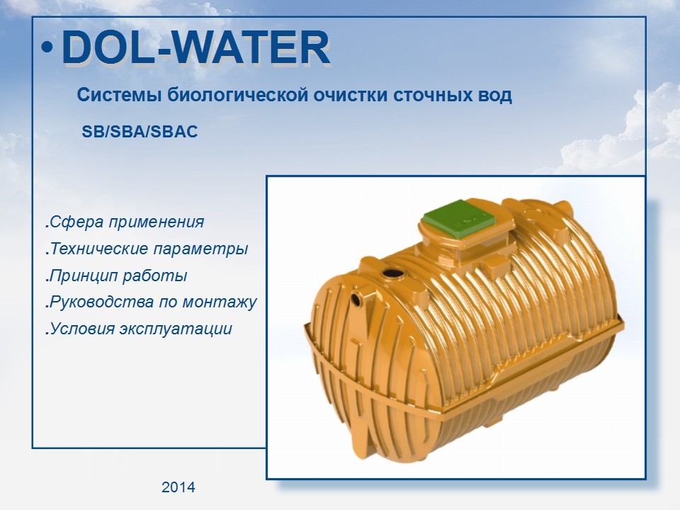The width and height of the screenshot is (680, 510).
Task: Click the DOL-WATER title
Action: point(196,47)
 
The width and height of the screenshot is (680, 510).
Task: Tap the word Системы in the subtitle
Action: point(120,95)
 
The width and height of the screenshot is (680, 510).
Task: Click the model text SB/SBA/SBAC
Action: point(140,132)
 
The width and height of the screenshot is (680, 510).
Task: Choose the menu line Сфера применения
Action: point(125,222)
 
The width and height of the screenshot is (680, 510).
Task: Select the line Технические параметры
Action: point(147,249)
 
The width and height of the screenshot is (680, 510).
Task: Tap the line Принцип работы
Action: point(116,276)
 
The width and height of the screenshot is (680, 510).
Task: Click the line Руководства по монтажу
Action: point(151,302)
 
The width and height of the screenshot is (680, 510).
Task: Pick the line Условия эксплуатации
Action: point(138,329)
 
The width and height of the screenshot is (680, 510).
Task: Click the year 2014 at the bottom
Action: point(178,487)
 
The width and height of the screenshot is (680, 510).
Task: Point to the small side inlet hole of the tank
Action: point(356,300)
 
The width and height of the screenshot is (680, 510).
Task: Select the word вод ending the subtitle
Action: point(498,95)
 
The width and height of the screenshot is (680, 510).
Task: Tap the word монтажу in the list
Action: point(220,302)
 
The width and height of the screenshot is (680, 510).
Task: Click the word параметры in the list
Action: point(200,249)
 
